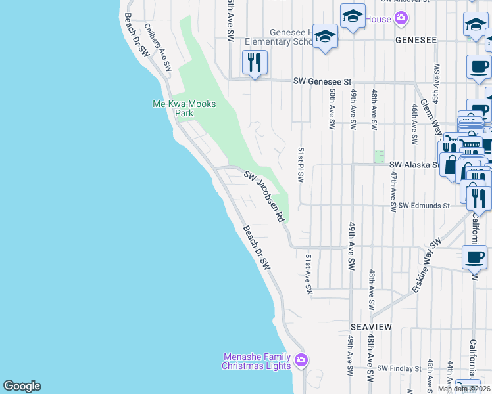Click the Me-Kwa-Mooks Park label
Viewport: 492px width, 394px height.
tap(184, 108)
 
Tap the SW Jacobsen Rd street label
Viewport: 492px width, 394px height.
tap(266, 196)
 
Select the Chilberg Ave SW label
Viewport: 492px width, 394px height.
tap(158, 47)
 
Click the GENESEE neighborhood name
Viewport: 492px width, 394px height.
tap(416, 40)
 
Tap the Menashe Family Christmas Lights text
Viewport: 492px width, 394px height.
tap(257, 361)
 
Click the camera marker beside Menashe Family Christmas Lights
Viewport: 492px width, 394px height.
tap(302, 360)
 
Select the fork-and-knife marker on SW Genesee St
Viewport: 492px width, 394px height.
tap(254, 63)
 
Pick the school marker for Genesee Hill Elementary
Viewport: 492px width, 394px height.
tap(325, 37)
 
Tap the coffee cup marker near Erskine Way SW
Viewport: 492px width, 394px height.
tap(474, 257)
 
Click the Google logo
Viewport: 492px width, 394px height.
tap(22, 386)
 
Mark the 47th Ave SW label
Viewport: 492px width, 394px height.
tap(393, 191)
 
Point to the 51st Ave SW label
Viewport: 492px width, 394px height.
tap(307, 274)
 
